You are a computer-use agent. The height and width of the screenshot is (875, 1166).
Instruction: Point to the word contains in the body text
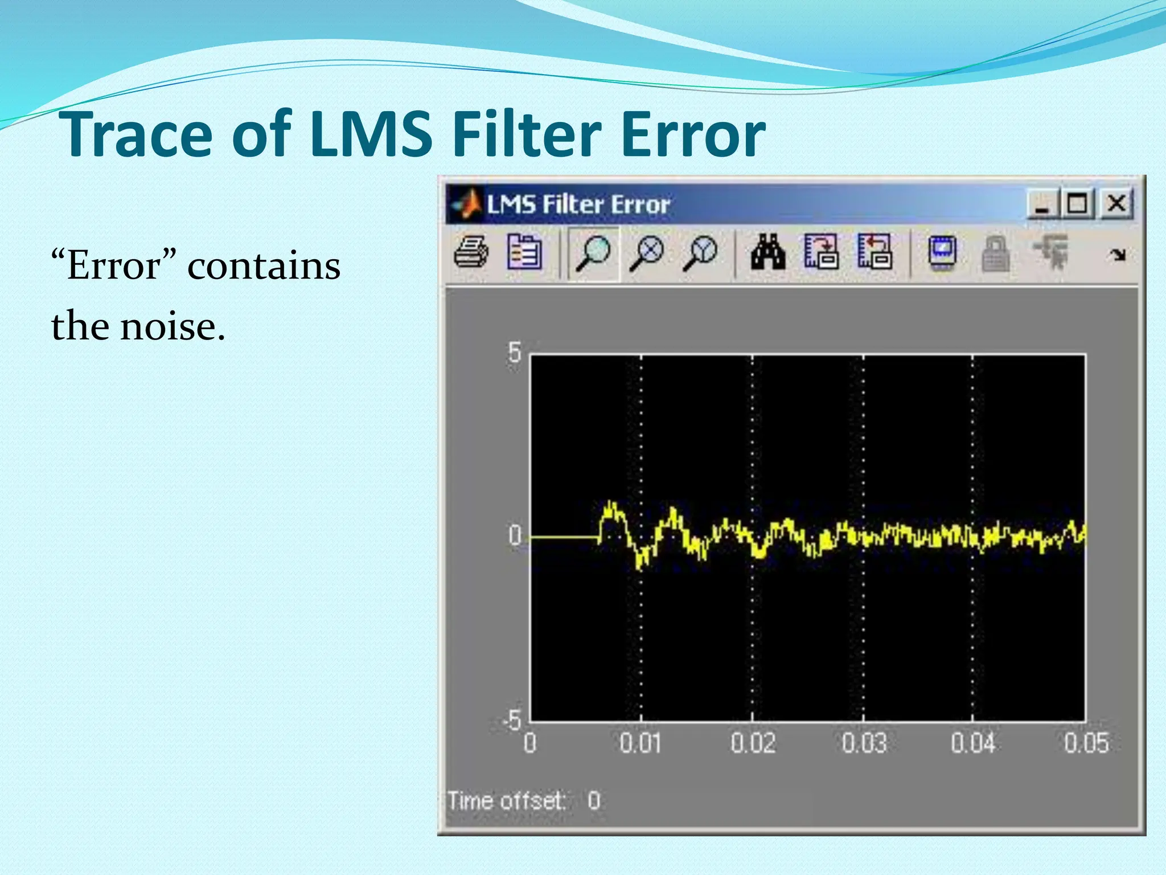264,265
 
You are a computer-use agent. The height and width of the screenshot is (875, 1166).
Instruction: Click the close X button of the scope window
1116,203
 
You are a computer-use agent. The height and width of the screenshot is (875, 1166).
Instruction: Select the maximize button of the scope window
1077,203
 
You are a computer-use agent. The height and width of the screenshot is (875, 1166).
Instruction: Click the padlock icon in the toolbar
996,253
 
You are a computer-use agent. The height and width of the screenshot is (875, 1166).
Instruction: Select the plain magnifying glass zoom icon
593,252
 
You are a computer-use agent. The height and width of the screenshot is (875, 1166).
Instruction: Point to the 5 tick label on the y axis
514,353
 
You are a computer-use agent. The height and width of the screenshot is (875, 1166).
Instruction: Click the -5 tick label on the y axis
512,720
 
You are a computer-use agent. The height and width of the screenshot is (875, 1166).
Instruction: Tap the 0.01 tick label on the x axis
641,743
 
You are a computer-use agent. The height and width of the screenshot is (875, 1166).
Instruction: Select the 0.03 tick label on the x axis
864,743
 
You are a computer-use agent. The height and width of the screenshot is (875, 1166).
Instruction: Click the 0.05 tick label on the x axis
1086,743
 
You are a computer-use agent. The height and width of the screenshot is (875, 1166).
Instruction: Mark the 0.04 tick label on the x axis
973,743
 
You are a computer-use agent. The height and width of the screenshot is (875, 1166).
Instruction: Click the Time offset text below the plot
506,800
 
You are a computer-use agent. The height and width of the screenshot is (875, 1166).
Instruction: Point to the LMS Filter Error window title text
578,204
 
